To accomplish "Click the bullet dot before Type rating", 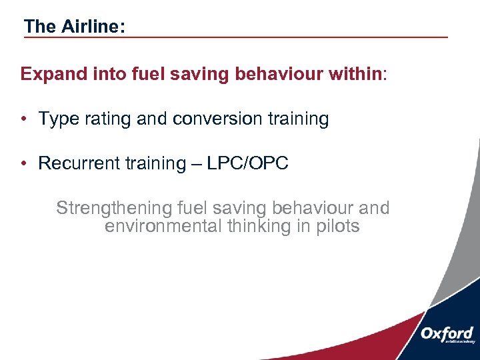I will pos(23,119).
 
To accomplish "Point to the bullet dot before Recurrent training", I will pos(23,164).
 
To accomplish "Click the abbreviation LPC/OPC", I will pos(247,164).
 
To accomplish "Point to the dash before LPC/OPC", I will pos(195,164).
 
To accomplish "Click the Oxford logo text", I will pos(447,333).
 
